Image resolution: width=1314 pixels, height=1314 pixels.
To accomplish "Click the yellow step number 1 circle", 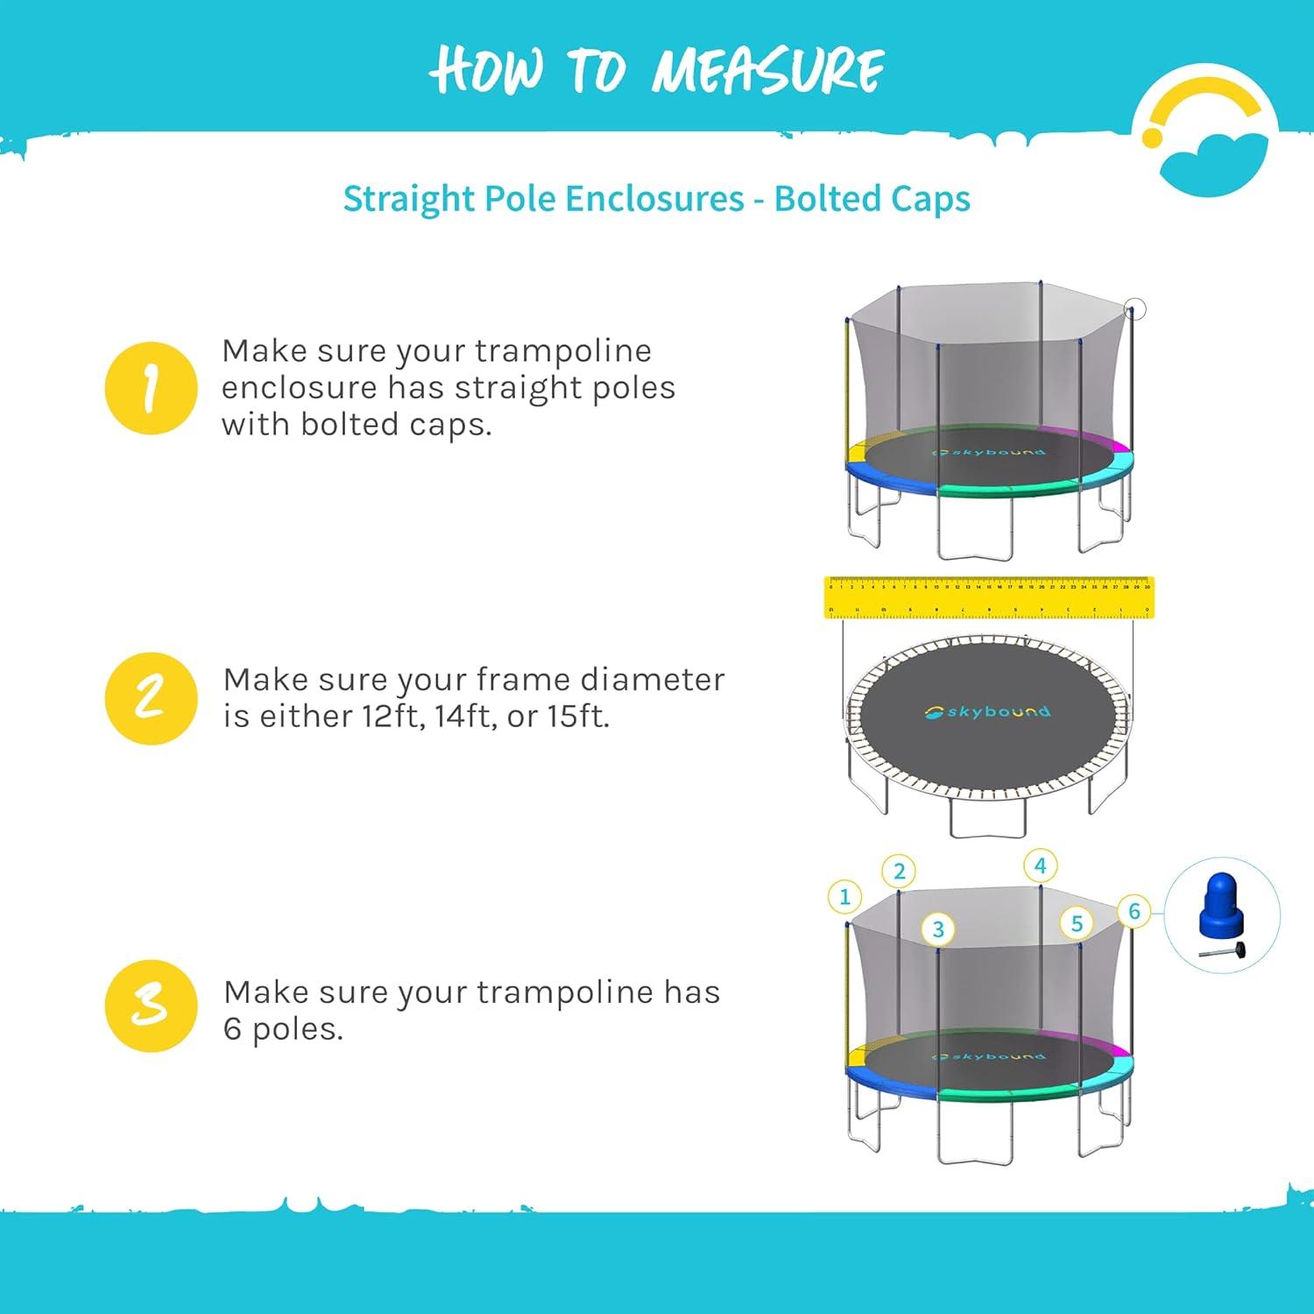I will coord(151,388).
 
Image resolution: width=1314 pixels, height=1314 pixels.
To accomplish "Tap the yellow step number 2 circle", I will coord(151,698).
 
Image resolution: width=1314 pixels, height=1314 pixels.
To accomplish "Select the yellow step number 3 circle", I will coord(151,1006).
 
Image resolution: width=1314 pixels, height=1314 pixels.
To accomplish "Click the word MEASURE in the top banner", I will coord(767,70).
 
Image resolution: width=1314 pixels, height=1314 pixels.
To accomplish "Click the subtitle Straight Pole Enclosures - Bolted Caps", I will coord(656,199).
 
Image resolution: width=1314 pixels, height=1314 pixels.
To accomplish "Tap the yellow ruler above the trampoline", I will coord(988,597).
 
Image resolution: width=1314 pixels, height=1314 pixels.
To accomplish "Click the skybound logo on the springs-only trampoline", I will coord(987,712).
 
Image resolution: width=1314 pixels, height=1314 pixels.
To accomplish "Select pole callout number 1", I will coord(844,897).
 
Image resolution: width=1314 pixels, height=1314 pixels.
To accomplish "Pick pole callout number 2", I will coord(899,872).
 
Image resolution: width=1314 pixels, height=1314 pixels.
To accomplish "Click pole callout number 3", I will coord(938,929).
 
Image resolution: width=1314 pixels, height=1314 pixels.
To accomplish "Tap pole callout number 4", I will coord(1040,866).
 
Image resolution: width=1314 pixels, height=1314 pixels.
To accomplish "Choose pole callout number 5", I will coord(1077,923).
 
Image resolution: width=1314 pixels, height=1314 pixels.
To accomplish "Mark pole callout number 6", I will coord(1134,911).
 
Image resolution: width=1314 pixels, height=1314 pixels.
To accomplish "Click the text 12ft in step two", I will coord(392,717).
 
